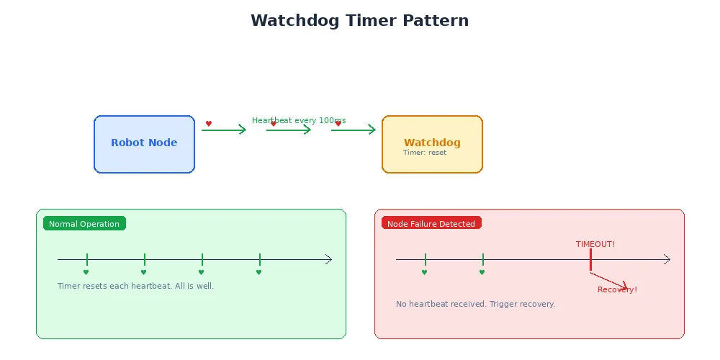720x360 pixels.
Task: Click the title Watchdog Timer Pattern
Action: pyautogui.click(x=359, y=21)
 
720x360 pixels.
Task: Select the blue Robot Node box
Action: pyautogui.click(x=144, y=144)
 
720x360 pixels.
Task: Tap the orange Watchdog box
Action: pyautogui.click(x=432, y=143)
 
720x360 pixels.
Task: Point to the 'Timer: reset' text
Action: pyautogui.click(x=425, y=153)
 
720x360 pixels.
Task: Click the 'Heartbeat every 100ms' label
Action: pyautogui.click(x=299, y=120)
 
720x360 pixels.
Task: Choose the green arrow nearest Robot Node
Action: pyautogui.click(x=224, y=130)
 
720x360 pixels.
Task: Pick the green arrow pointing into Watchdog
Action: pyautogui.click(x=354, y=130)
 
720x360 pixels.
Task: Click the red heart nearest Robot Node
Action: pyautogui.click(x=209, y=124)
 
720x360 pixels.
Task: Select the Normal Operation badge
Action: pyautogui.click(x=84, y=224)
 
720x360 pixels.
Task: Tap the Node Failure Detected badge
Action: pyautogui.click(x=431, y=224)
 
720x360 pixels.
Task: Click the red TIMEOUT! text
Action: pyautogui.click(x=595, y=244)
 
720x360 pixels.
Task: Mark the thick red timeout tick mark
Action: pyautogui.click(x=590, y=260)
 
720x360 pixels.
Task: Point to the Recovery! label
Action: pyautogui.click(x=617, y=289)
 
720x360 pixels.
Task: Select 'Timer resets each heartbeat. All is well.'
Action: pyautogui.click(x=135, y=286)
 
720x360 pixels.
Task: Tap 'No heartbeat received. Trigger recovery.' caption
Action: pyautogui.click(x=475, y=304)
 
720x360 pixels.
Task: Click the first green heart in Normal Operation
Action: pyautogui.click(x=86, y=272)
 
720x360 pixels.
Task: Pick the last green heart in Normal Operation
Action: pyautogui.click(x=258, y=272)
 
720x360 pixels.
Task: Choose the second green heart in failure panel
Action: pyautogui.click(x=482, y=272)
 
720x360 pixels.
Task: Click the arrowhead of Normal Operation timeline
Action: pyautogui.click(x=329, y=259)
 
